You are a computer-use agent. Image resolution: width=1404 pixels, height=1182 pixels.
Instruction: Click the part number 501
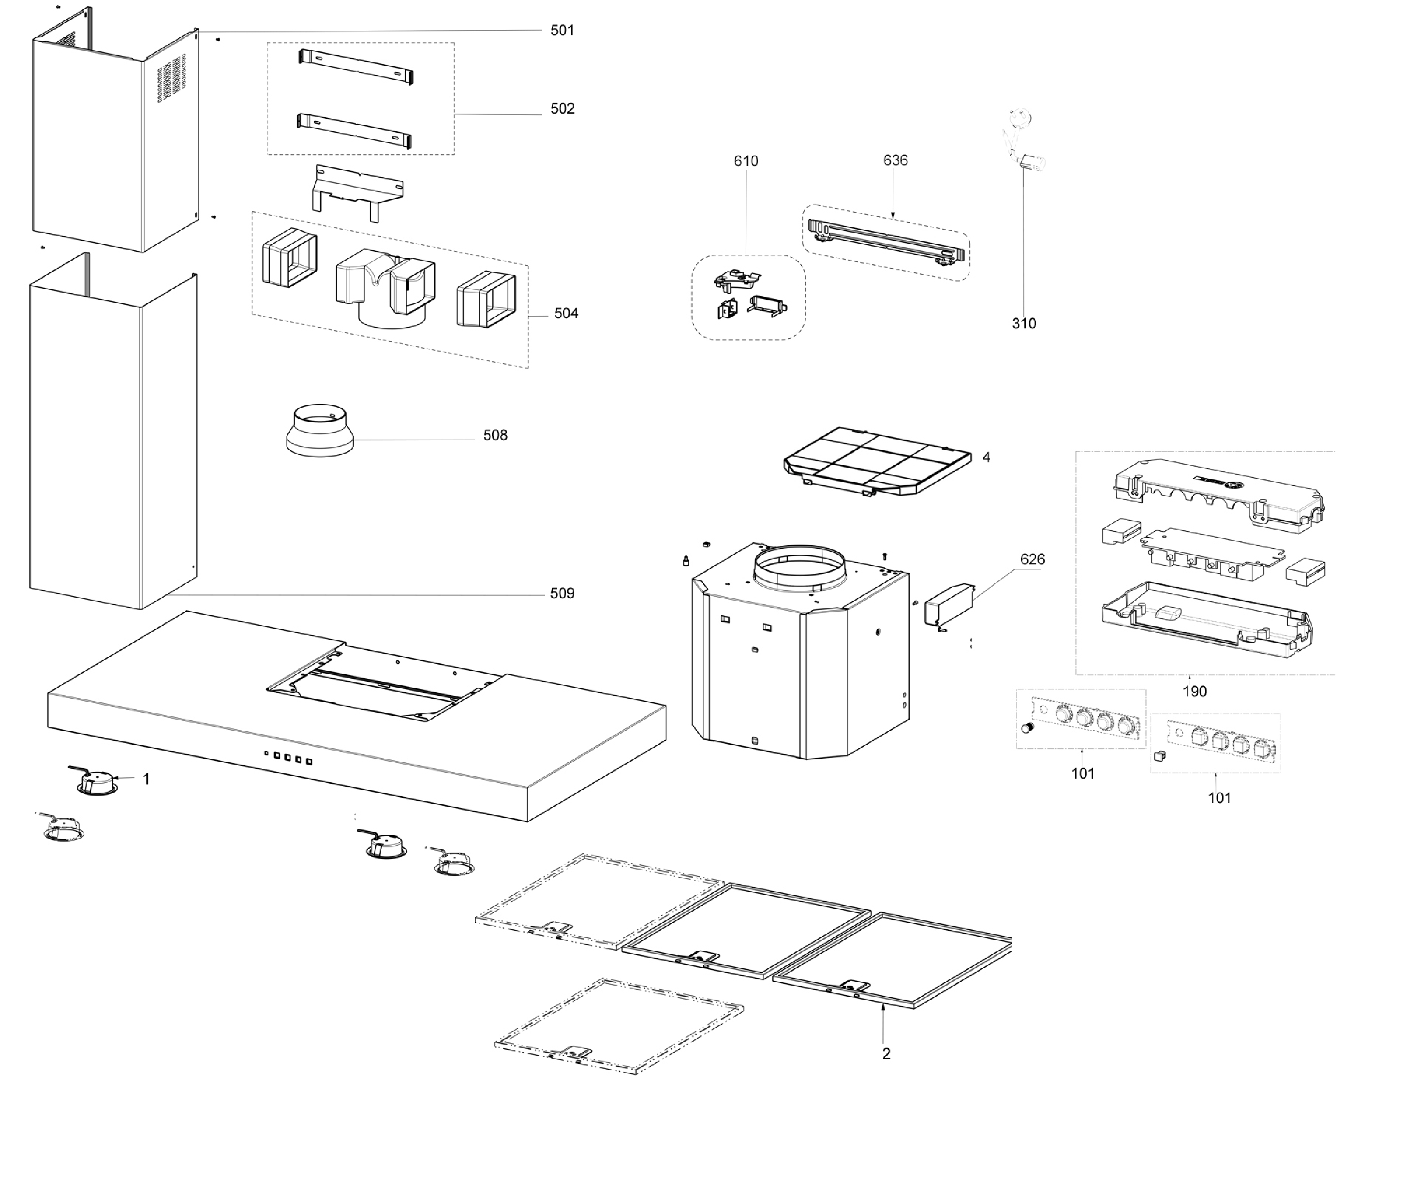click(562, 30)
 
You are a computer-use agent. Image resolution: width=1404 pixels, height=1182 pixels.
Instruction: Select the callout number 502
click(562, 108)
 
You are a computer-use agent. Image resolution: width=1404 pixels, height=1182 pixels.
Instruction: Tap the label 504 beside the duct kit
click(566, 313)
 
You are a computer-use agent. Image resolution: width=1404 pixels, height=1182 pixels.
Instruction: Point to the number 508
click(495, 436)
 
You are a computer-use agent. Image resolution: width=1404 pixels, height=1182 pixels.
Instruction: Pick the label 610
click(746, 161)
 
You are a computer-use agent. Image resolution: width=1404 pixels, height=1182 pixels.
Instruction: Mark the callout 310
click(1024, 324)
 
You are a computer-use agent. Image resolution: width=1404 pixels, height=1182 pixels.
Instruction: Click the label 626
click(1032, 560)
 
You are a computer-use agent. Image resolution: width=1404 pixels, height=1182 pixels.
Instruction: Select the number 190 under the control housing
click(1195, 692)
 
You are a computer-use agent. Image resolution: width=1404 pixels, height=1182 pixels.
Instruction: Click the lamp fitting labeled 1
click(99, 781)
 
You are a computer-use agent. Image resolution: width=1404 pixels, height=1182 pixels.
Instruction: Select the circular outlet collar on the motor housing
click(800, 568)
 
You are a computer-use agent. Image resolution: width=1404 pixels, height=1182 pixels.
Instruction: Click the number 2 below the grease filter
click(886, 1054)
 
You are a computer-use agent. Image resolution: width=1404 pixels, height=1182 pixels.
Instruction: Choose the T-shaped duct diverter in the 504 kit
click(385, 288)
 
